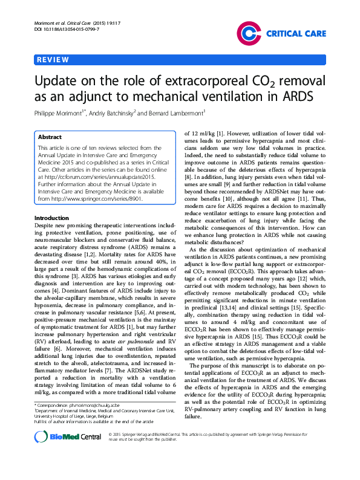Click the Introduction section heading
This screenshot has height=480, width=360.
(x=51, y=218)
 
